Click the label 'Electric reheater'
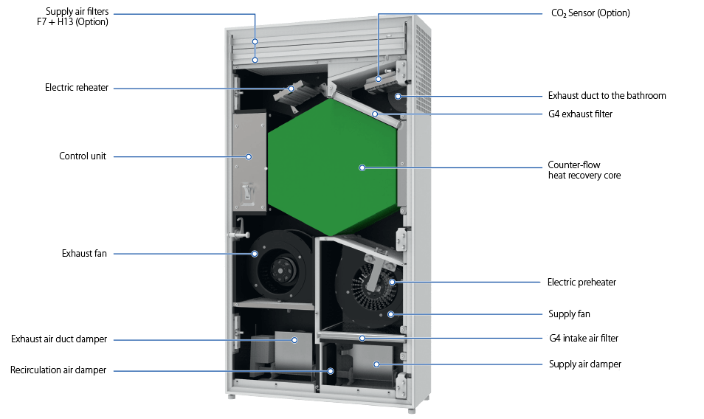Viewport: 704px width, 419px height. tap(77, 88)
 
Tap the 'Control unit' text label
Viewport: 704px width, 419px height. tap(83, 156)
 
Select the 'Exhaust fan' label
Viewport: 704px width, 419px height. tap(84, 254)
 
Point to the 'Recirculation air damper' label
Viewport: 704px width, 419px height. tap(58, 370)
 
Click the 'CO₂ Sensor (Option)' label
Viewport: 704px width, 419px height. tap(590, 13)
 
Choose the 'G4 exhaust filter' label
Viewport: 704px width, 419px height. tap(580, 114)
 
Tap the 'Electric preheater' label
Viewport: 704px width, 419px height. tap(582, 283)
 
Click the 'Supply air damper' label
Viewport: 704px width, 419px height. tap(585, 364)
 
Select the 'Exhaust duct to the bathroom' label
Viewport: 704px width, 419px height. tap(607, 96)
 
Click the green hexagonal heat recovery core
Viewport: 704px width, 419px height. tap(332, 167)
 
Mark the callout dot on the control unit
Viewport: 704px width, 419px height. tap(248, 156)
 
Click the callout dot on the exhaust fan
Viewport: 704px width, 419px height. tap(255, 254)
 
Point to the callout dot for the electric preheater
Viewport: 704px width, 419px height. tap(393, 283)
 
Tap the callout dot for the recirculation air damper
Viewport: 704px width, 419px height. tap(331, 371)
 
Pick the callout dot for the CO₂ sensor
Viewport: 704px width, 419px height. tap(379, 79)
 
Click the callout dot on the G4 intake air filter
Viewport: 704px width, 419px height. tap(362, 338)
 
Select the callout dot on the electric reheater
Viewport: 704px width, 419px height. tap(291, 89)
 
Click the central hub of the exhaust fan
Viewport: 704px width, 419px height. tap(282, 270)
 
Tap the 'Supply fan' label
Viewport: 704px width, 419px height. tap(569, 314)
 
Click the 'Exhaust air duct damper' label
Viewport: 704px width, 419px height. tap(59, 339)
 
